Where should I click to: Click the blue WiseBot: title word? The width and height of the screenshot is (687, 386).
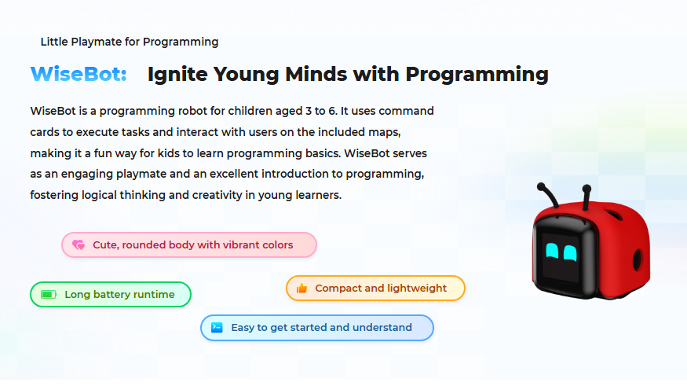(79, 75)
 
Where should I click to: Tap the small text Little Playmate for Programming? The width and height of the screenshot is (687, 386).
(130, 42)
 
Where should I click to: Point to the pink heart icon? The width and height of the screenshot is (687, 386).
(79, 245)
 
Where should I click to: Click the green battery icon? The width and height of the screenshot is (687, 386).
(48, 295)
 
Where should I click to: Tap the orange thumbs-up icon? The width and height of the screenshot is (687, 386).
(301, 289)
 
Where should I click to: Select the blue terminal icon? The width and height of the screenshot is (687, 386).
(217, 328)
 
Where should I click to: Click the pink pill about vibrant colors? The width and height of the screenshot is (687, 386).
(189, 245)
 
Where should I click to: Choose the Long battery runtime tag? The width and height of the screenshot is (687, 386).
(111, 295)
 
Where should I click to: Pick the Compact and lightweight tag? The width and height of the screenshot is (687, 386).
(376, 289)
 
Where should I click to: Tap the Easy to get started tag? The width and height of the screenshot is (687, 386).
(317, 328)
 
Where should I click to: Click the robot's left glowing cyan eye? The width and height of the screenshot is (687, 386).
(553, 252)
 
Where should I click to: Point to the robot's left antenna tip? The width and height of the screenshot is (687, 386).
(541, 187)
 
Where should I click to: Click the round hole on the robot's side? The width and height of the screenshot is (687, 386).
(638, 259)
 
